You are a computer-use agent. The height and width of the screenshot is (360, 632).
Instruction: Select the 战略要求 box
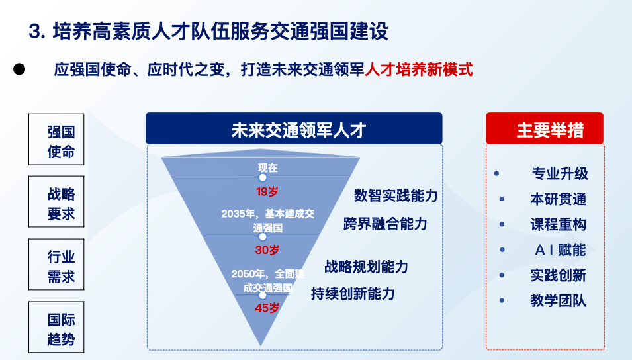61,204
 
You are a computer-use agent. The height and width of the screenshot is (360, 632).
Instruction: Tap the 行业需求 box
61,266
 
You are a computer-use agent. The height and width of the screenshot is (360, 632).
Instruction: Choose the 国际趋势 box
61,329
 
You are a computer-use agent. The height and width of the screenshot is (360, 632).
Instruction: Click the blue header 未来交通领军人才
294,128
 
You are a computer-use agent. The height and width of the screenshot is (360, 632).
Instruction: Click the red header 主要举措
545,128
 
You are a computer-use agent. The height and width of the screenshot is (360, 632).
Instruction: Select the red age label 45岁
267,308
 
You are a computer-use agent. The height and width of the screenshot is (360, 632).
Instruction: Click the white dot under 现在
263,177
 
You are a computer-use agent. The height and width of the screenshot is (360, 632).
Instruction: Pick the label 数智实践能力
396,196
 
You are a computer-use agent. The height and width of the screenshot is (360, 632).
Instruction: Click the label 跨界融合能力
385,224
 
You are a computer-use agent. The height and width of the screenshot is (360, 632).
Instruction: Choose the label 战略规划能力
366,267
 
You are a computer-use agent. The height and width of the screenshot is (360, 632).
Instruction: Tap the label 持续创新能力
353,294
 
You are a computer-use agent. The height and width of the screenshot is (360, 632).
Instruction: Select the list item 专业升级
559,174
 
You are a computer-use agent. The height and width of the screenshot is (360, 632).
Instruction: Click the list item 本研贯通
558,199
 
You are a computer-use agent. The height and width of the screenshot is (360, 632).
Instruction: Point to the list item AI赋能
559,250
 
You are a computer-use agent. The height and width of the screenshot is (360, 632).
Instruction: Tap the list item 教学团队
558,300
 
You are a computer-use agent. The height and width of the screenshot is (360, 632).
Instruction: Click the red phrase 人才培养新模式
419,69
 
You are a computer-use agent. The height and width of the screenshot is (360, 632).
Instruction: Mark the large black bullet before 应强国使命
19,69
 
